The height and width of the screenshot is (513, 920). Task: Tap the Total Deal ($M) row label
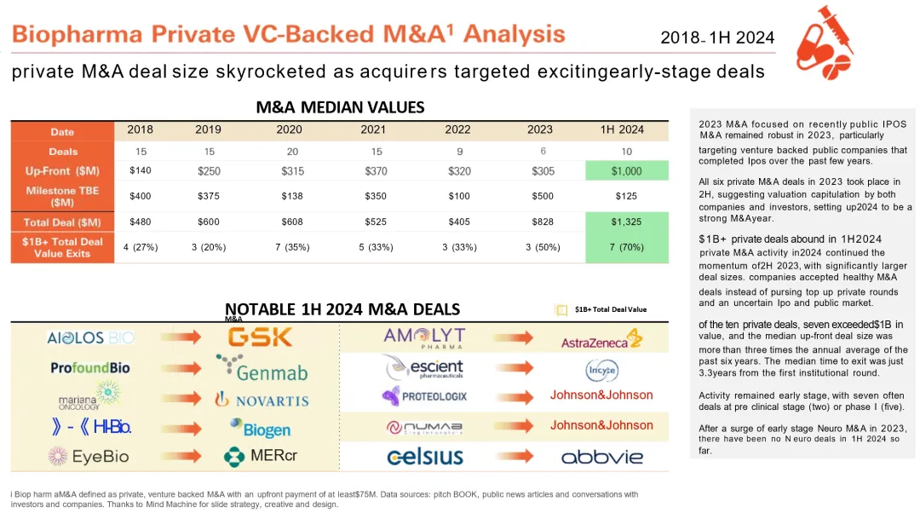[62, 222]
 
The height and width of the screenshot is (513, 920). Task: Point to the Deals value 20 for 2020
[289, 150]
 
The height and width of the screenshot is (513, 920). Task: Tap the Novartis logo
[261, 399]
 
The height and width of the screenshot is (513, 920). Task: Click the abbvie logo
[601, 457]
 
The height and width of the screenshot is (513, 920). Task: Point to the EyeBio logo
[89, 457]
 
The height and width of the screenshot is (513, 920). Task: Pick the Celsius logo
[424, 457]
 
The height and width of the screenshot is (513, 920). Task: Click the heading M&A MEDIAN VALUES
[340, 107]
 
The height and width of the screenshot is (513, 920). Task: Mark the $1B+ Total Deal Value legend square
[561, 310]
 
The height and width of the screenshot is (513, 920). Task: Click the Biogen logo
[260, 429]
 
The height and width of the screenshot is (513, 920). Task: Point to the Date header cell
[62, 132]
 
